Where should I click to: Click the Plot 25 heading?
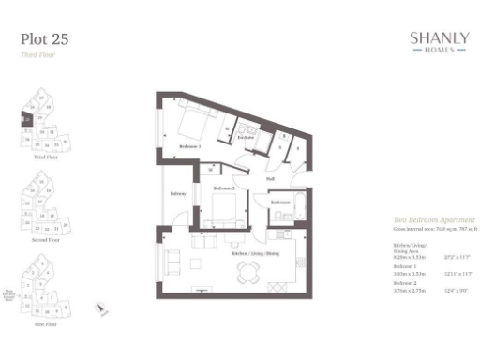point(44,39)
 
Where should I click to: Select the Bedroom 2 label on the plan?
point(223,189)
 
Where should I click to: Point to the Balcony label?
point(177,194)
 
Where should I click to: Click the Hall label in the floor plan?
point(270,178)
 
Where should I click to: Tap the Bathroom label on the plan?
point(280,202)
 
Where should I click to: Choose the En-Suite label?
point(247,138)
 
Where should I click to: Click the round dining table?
point(248,273)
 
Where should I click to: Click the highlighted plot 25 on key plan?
point(27,119)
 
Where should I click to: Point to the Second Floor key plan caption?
point(35,240)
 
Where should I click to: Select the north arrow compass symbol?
point(102,307)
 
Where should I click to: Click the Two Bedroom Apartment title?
point(427,218)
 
